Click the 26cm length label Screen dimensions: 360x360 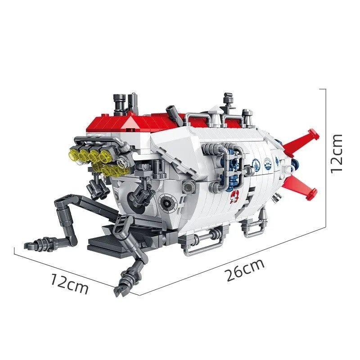245,270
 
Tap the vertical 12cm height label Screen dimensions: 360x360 336,153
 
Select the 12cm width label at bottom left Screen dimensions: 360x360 69,284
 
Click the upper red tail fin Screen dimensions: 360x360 301,142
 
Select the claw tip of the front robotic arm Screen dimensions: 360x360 119,290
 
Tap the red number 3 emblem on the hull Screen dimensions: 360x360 234,197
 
